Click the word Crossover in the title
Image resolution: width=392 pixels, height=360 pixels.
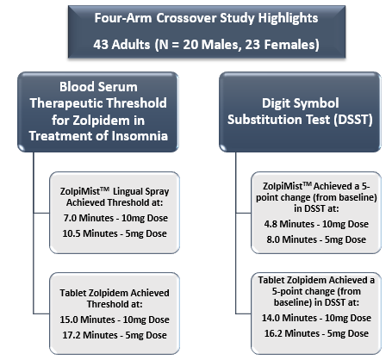(x=186, y=18)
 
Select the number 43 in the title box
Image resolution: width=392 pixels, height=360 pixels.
(x=100, y=45)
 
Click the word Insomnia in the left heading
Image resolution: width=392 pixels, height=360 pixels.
(x=140, y=136)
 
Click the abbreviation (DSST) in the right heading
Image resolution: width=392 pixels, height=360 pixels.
(x=353, y=120)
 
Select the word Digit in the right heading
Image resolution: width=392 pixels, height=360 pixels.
(x=277, y=103)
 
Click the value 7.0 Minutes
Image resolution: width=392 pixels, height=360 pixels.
(x=89, y=218)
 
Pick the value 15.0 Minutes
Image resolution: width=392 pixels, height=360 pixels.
(x=87, y=320)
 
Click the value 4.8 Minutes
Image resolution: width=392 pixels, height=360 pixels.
(x=289, y=224)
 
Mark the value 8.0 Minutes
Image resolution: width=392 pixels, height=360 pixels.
(x=291, y=239)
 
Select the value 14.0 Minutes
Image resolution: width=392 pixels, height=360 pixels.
(x=289, y=318)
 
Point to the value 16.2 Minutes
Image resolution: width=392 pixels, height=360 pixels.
(x=292, y=333)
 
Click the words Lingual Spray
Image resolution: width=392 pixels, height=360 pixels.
(x=140, y=192)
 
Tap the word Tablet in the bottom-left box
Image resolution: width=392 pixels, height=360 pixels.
(x=72, y=293)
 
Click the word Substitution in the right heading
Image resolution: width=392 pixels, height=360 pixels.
(x=278, y=120)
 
